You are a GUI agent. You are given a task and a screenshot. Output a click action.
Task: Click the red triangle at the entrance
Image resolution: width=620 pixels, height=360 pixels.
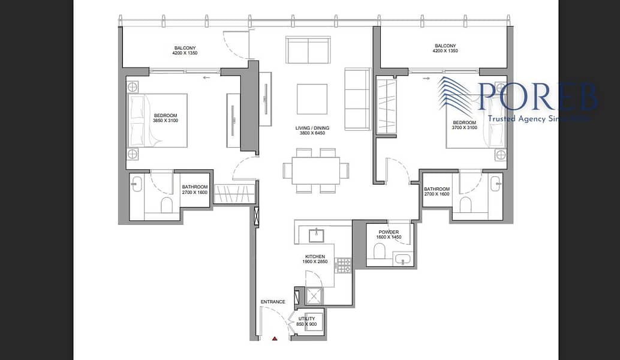click(275, 339)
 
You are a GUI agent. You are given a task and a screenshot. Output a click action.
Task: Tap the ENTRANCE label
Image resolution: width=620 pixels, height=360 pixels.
click(273, 301)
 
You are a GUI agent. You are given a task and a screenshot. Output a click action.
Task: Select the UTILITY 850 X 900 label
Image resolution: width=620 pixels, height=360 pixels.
click(308, 322)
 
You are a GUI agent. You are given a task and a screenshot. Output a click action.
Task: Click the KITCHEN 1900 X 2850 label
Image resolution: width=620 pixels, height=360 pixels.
click(314, 259)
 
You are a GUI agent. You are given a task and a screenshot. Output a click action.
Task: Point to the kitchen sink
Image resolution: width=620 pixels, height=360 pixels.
click(316, 235)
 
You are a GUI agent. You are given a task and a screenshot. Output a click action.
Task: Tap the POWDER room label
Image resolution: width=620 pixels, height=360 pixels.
click(389, 235)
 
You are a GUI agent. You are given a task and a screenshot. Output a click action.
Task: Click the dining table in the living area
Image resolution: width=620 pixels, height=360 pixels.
click(316, 170)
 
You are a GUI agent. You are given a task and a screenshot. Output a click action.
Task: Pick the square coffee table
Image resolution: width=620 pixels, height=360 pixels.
click(312, 99)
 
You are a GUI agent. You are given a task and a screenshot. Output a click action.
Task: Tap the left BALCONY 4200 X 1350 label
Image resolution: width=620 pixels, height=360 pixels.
click(185, 50)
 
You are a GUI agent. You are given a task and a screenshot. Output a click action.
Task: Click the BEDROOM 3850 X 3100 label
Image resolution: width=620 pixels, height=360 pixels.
click(165, 118)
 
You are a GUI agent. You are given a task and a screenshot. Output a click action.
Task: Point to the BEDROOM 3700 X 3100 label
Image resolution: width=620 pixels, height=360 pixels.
click(465, 124)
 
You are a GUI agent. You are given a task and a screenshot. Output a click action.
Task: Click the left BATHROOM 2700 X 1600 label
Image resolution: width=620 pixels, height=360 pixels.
click(195, 190)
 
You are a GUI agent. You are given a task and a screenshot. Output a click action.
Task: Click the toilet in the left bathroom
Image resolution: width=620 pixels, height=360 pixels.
click(167, 206)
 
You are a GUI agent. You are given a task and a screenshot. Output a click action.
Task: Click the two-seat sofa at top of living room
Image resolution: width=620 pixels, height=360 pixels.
click(308, 50)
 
